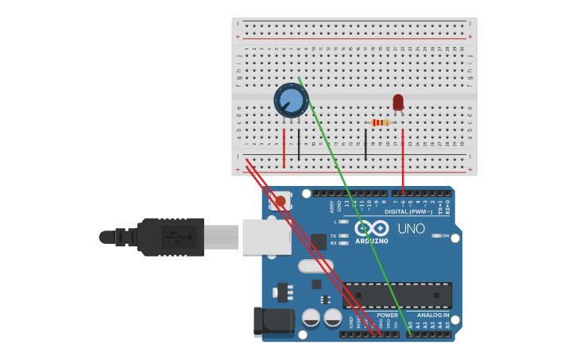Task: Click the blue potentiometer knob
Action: (292, 101)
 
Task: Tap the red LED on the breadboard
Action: (398, 102)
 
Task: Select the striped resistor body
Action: (381, 122)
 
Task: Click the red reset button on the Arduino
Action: (280, 202)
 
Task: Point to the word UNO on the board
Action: (411, 229)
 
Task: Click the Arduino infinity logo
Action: (371, 228)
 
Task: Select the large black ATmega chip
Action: (397, 295)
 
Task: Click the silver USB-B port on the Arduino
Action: (266, 237)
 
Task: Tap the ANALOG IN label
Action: (433, 315)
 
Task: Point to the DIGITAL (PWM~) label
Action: (408, 211)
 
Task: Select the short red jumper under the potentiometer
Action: (284, 148)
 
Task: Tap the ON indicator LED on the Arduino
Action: (435, 236)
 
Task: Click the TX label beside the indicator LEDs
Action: (334, 235)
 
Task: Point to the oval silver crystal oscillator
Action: (315, 266)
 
